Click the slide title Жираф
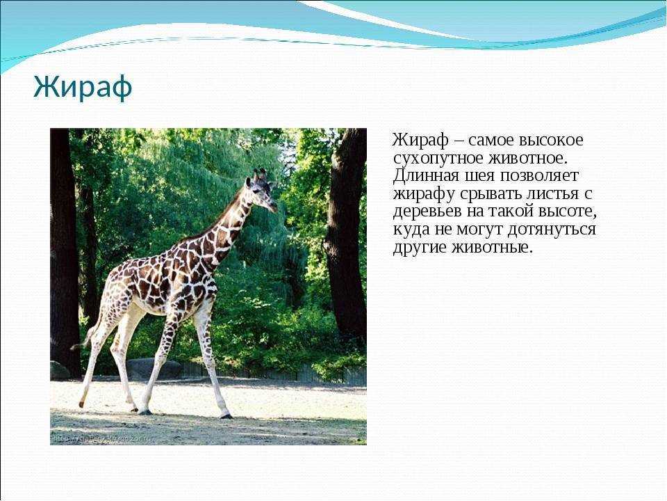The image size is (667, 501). coord(83,87)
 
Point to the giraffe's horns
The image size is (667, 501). coord(260,173)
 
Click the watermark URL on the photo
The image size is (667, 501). coord(104,439)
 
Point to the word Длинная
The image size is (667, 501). coord(425,175)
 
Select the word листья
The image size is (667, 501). coord(554,193)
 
